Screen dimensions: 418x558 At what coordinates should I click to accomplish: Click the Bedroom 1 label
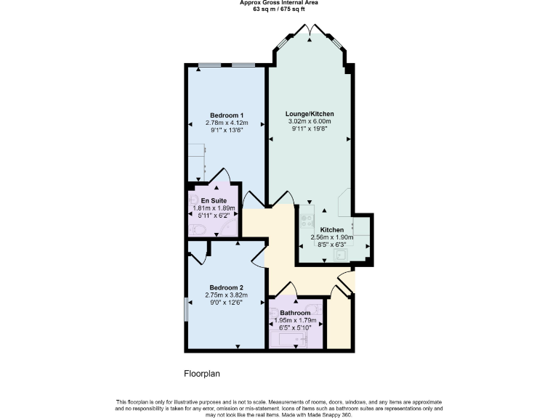coord(226,115)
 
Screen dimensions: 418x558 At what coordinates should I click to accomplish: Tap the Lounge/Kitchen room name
coord(310,115)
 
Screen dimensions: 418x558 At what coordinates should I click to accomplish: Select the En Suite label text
coord(214,200)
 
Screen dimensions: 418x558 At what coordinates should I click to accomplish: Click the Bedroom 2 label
coord(226,287)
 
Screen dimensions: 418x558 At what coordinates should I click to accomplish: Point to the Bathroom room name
coord(295,313)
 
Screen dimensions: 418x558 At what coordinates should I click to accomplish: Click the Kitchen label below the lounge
coord(332,229)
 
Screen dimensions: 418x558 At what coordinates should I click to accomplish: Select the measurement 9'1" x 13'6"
coord(226,131)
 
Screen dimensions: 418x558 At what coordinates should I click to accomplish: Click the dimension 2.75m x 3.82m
coord(226,295)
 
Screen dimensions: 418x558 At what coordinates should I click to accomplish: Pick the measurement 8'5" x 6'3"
coord(332,245)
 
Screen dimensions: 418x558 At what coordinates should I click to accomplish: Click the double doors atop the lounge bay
coord(310,30)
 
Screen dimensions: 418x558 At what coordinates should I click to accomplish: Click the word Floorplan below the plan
coord(201,374)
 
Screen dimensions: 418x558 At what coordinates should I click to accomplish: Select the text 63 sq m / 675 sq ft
coord(279,9)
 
